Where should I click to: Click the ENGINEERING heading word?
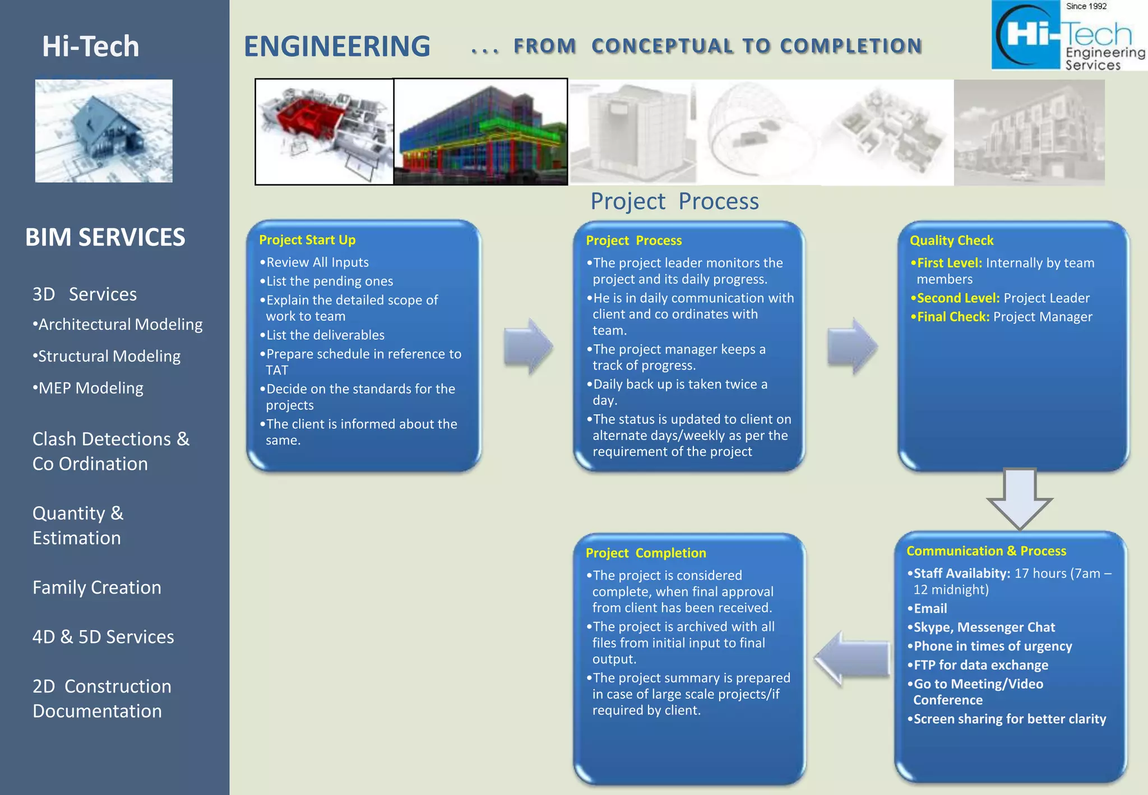pos(337,47)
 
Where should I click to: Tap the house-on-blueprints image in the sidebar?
pos(104,131)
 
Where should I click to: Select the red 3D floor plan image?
pos(324,132)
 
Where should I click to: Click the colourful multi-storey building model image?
pos(480,132)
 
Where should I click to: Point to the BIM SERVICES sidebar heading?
pos(105,237)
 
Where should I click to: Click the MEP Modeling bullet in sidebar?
pos(90,388)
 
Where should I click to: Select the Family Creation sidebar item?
pos(96,588)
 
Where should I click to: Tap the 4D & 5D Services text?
pos(103,637)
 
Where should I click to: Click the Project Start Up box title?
pos(307,240)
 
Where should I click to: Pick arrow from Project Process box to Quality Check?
pos(851,346)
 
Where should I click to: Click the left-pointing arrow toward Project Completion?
pos(851,658)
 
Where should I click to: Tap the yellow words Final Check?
pos(952,317)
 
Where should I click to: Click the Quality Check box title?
pos(951,241)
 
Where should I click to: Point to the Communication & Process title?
pos(986,551)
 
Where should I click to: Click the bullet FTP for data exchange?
pos(980,665)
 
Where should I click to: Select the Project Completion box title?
pos(646,553)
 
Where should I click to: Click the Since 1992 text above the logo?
pos(1086,6)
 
